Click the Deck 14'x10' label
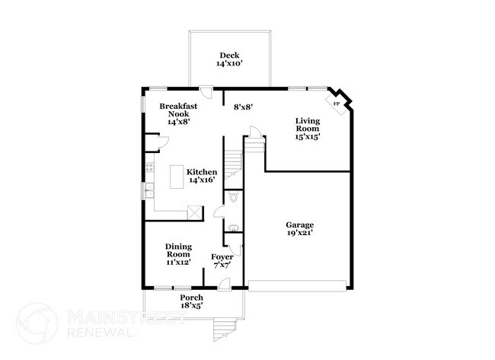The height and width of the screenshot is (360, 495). click(x=228, y=59)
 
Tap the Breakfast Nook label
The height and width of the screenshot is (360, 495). click(x=174, y=113)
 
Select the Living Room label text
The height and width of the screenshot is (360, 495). click(x=308, y=129)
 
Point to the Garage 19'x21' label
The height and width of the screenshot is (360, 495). click(x=300, y=229)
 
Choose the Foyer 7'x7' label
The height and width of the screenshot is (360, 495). click(x=222, y=260)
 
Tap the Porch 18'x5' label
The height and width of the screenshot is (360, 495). click(x=191, y=301)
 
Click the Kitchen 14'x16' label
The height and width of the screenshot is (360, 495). click(x=202, y=177)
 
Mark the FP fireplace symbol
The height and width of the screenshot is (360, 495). click(x=336, y=101)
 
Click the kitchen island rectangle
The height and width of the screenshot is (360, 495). click(x=177, y=176)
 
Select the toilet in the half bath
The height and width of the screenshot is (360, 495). click(x=234, y=197)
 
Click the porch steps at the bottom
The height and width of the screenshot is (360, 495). click(x=223, y=330)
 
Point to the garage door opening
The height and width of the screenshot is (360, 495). click(x=299, y=286)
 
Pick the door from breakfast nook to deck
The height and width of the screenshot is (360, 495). click(x=203, y=89)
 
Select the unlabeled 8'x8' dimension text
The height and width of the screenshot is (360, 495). click(x=242, y=107)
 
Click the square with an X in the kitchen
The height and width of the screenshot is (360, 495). click(x=195, y=213)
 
